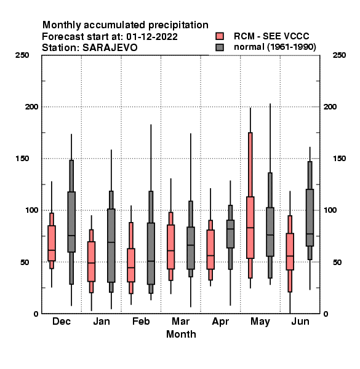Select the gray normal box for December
click(x=71, y=222)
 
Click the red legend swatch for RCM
click(x=220, y=36)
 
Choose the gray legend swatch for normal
click(x=220, y=47)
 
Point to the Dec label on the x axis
click(x=62, y=322)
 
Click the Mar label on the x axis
click(x=180, y=322)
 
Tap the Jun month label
click(x=300, y=322)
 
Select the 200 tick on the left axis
click(x=31, y=107)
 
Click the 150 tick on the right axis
click(x=339, y=159)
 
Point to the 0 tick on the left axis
click(x=36, y=314)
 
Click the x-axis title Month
click(x=181, y=334)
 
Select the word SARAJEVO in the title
click(x=110, y=48)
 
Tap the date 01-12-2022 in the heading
click(x=152, y=37)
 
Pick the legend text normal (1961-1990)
click(x=275, y=47)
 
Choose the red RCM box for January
click(x=91, y=261)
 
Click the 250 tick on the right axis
click(x=339, y=55)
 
